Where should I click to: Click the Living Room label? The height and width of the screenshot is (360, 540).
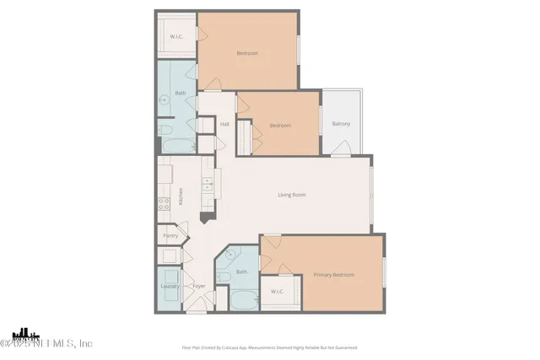click(x=292, y=195)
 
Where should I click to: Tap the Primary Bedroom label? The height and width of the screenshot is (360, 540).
click(x=333, y=275)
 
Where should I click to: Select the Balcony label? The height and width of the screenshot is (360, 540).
click(x=341, y=124)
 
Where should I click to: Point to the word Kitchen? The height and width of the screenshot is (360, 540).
click(x=180, y=197)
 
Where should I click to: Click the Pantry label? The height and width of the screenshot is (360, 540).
click(x=170, y=236)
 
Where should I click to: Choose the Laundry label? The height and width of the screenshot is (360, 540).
click(x=170, y=286)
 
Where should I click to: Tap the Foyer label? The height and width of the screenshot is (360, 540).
click(x=199, y=286)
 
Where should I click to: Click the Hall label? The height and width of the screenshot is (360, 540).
click(x=224, y=125)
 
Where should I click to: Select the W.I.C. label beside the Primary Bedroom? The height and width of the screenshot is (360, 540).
click(x=278, y=291)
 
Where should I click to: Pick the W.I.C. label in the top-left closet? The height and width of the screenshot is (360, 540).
click(x=176, y=36)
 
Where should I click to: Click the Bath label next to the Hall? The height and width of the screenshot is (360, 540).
click(x=180, y=93)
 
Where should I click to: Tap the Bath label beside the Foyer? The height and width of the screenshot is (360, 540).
click(x=241, y=271)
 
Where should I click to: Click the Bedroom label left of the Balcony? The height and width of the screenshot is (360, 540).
click(x=280, y=125)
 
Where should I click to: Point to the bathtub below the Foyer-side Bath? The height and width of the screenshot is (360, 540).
click(x=240, y=299)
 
